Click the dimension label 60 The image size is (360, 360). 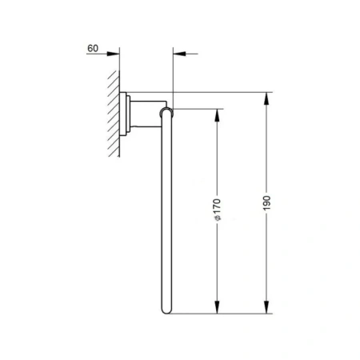tap(93, 48)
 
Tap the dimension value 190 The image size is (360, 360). tap(266, 203)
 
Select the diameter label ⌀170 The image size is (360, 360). tap(218, 210)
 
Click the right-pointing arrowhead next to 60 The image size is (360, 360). tap(113, 54)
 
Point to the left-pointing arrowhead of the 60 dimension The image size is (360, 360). tap(179, 54)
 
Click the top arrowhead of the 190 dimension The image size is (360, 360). tap(266, 98)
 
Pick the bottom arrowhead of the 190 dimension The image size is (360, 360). tap(266, 307)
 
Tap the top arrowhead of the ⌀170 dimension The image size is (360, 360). tap(217, 115)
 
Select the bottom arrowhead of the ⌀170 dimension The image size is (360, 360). tap(217, 307)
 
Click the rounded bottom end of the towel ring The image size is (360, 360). tap(166, 310)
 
